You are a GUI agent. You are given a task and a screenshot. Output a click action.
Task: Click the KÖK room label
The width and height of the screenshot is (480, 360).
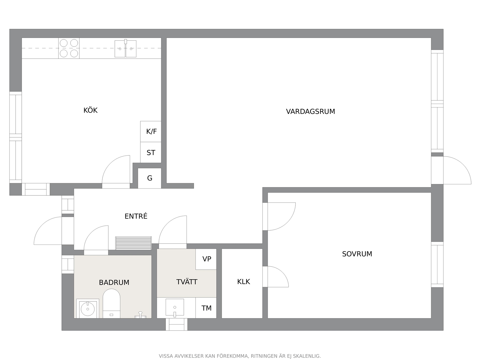[90, 110]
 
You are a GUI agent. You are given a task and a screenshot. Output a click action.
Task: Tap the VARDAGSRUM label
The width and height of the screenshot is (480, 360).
[310, 111]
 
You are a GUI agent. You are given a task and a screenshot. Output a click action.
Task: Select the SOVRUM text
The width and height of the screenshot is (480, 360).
[357, 254]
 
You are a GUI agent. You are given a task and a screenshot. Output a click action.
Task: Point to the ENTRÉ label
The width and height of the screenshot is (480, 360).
[136, 216]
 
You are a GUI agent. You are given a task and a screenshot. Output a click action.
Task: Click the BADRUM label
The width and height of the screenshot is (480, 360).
[114, 282]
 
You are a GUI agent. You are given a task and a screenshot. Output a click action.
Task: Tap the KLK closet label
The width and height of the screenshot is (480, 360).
[243, 281]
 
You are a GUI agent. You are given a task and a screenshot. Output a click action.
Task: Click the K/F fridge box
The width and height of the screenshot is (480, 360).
[151, 131]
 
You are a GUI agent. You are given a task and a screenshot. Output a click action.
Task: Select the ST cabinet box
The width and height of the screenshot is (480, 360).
[151, 152]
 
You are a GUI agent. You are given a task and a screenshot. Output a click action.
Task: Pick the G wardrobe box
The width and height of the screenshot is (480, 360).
[150, 178]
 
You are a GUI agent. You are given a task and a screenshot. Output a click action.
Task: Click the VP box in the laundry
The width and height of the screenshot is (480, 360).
[206, 259]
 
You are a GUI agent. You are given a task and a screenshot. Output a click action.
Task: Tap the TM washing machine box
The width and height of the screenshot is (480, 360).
[206, 308]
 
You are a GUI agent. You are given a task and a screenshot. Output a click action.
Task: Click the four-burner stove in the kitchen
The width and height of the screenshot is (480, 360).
[69, 48]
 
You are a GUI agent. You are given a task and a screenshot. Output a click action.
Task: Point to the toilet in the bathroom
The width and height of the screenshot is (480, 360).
[111, 303]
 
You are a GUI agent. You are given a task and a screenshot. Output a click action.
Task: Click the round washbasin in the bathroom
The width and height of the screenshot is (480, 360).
[88, 309]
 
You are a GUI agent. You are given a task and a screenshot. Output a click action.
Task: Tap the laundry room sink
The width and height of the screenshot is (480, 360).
[175, 307]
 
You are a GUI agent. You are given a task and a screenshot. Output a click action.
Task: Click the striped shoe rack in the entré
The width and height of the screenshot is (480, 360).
[133, 243]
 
